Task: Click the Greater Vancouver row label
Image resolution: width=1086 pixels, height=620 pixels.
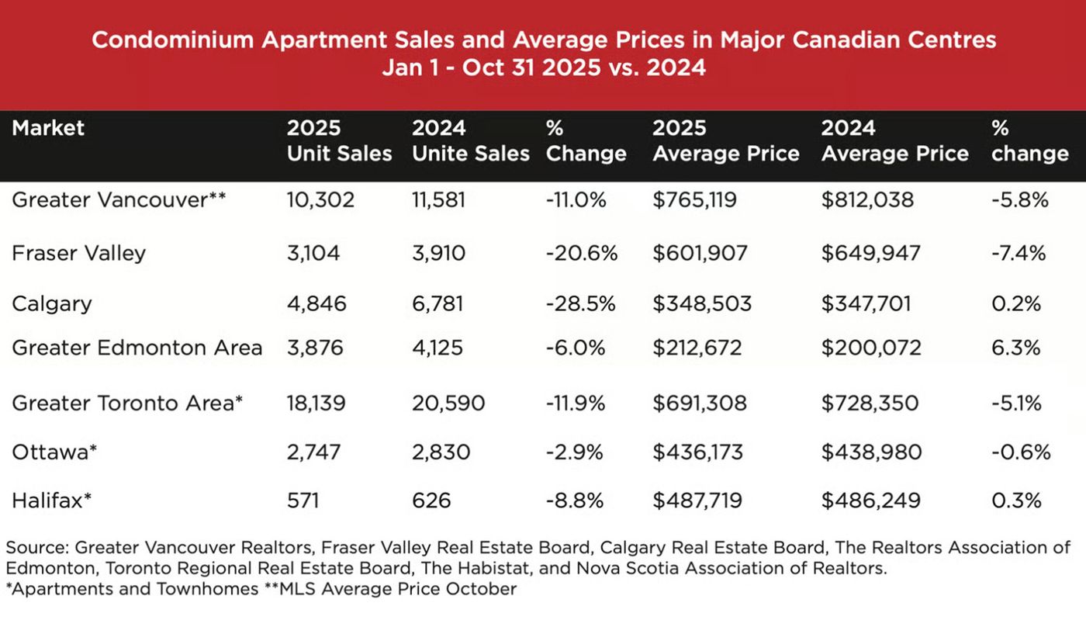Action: pos(119,200)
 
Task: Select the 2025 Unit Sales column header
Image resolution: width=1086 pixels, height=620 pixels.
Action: pos(339,140)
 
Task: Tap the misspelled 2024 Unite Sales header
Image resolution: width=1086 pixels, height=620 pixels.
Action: pos(470,140)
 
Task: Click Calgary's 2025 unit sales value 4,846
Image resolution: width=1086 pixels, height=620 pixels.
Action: pos(316,303)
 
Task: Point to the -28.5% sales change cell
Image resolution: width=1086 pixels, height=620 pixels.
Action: pos(580,303)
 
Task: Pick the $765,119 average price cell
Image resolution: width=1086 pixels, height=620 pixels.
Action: pos(694,200)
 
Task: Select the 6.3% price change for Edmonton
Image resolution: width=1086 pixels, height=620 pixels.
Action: pos(1015,347)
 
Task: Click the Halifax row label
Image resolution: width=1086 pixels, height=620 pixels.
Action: pos(52,501)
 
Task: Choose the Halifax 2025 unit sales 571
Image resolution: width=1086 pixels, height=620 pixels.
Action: pos(303,501)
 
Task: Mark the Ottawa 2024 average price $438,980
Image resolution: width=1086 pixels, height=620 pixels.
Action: pos(871,452)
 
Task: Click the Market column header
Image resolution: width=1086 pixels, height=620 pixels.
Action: pos(48,128)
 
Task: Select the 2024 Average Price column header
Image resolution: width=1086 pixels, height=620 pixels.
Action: pos(894,140)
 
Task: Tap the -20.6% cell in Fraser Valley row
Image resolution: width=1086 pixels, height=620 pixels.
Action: pos(581,253)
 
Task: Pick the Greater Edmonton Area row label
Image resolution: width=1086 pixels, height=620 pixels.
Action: pos(137,347)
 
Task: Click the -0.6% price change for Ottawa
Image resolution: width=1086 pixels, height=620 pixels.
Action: pos(1021,452)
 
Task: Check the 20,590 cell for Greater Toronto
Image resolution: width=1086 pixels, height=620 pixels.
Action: pos(448,404)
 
